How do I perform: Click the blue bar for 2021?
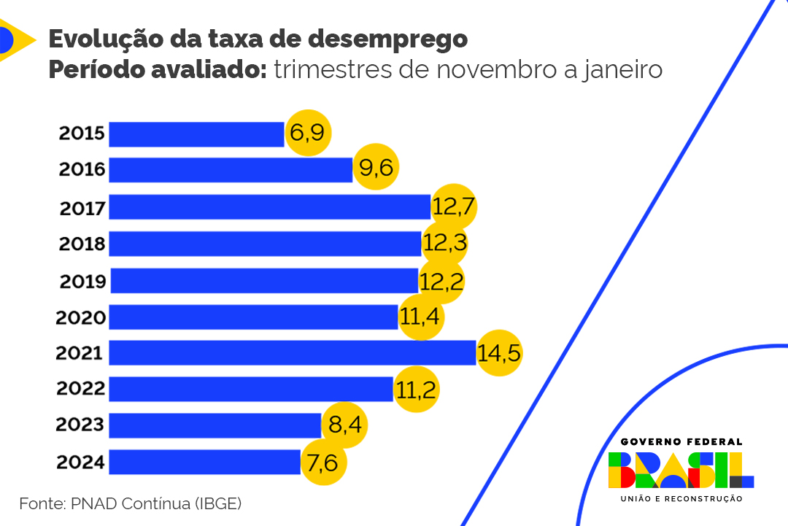pyautogui.click(x=292, y=353)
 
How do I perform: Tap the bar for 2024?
pyautogui.click(x=204, y=462)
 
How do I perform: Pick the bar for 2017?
pyautogui.click(x=269, y=207)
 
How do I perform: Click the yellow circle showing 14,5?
pyautogui.click(x=500, y=353)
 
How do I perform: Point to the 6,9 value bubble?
pyautogui.click(x=308, y=134)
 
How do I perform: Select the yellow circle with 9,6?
pyautogui.click(x=376, y=169)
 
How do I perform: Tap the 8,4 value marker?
pyautogui.click(x=344, y=425)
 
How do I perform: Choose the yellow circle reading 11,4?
pyautogui.click(x=421, y=317)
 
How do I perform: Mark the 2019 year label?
pyautogui.click(x=82, y=281)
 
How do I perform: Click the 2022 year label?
pyautogui.click(x=81, y=389)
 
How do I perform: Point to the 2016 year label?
pyautogui.click(x=82, y=171)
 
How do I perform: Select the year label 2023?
pyautogui.click(x=81, y=425)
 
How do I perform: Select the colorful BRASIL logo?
pyautogui.click(x=681, y=470)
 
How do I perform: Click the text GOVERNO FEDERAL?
pyautogui.click(x=681, y=441)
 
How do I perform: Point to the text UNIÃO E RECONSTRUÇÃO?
pyautogui.click(x=681, y=499)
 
